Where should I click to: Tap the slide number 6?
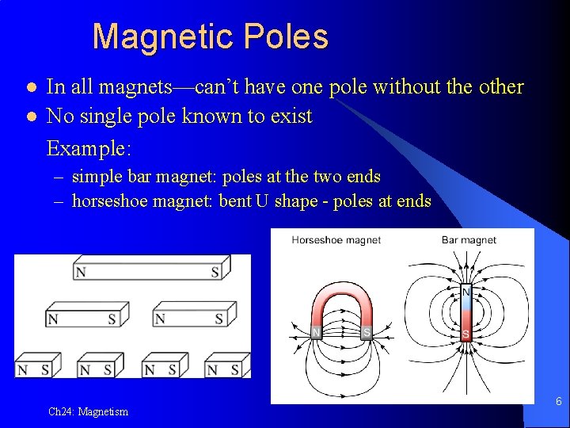pos(558,402)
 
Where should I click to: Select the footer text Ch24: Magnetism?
pos(88,411)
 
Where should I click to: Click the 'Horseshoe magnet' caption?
pos(336,239)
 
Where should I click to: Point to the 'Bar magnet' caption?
pos(469,239)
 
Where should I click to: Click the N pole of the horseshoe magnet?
pos(317,331)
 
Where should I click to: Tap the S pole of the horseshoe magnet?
pos(367,332)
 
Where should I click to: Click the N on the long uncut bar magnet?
pos(81,273)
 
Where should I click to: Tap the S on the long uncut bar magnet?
pos(215,273)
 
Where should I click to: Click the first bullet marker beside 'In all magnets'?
pos(31,86)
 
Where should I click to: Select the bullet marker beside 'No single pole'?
pos(31,117)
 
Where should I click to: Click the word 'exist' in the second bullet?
pos(292,117)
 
